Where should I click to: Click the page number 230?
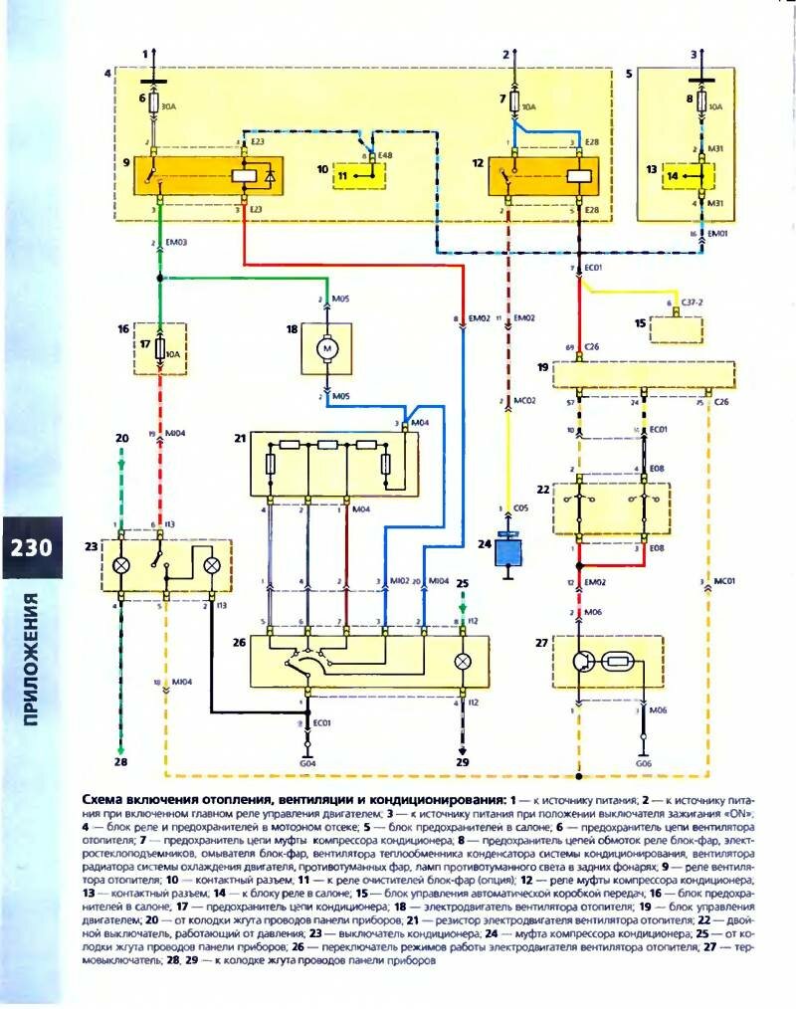click(31, 549)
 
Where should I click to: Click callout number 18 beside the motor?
click(293, 327)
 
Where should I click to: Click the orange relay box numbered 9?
click(209, 176)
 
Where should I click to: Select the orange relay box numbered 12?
click(548, 176)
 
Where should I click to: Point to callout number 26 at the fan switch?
click(239, 642)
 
